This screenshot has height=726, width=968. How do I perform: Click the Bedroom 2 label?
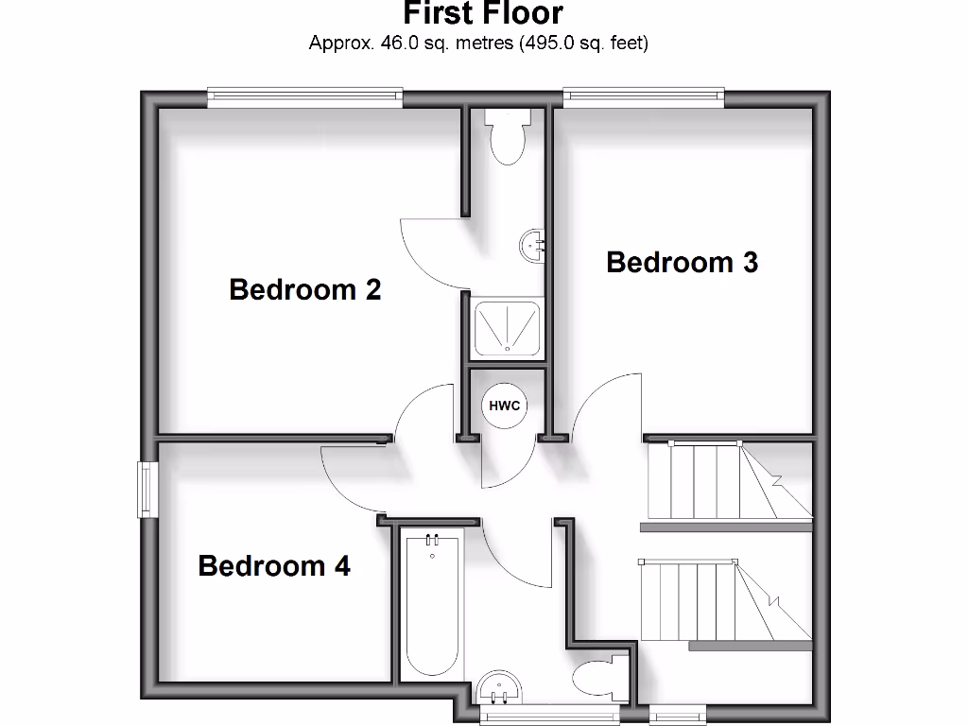(x=304, y=288)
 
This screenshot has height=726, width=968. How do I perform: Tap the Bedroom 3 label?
(x=682, y=262)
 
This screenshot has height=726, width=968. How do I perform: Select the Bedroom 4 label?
(x=274, y=565)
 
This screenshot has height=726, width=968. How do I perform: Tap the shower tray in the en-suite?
(x=508, y=327)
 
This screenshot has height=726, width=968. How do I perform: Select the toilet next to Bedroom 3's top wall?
(x=508, y=134)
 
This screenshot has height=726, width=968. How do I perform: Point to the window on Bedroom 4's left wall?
(x=147, y=489)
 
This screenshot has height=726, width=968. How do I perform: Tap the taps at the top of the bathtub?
(x=432, y=541)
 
